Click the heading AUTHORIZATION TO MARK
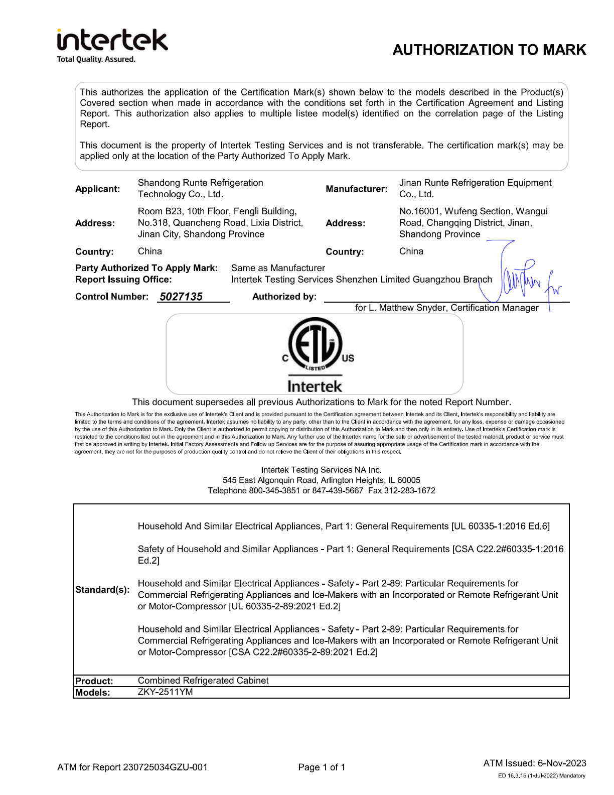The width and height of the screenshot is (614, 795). (x=489, y=50)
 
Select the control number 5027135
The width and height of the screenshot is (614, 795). (x=181, y=297)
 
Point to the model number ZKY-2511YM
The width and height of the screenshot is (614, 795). (x=165, y=692)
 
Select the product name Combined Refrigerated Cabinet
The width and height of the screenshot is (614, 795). (x=203, y=681)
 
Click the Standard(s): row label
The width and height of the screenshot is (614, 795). (x=102, y=590)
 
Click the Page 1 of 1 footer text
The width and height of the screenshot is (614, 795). (x=322, y=767)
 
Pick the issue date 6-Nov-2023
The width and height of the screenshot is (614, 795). (x=562, y=763)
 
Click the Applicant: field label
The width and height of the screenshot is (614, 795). (x=97, y=189)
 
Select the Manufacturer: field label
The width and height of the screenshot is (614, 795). (x=356, y=189)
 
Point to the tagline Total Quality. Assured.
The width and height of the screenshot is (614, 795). (x=96, y=59)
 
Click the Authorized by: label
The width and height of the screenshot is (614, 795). (x=284, y=297)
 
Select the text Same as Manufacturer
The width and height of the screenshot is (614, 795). (x=278, y=268)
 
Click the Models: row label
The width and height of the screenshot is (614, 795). (x=92, y=693)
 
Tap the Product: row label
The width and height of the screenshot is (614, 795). (x=94, y=681)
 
